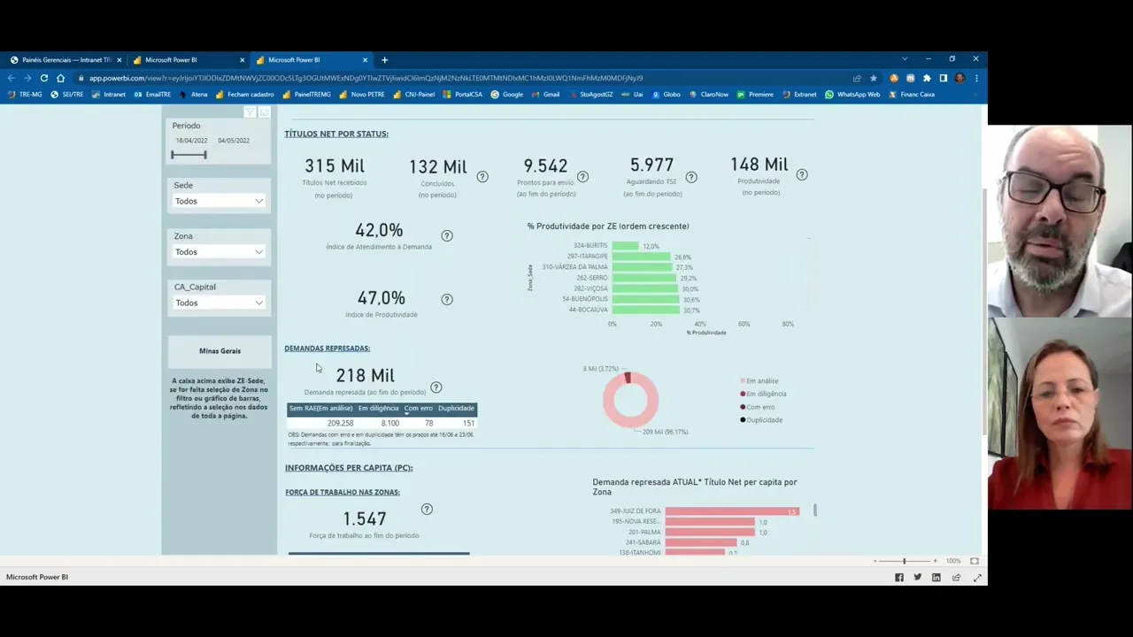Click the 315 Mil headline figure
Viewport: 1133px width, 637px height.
pyautogui.click(x=334, y=166)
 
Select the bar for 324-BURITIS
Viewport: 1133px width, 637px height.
pyautogui.click(x=625, y=246)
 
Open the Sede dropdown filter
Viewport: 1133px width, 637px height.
pyautogui.click(x=219, y=202)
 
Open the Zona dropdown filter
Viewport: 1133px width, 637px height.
pyautogui.click(x=219, y=252)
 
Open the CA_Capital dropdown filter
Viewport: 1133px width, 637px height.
pyautogui.click(x=219, y=303)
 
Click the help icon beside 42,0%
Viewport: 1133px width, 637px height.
pyautogui.click(x=447, y=236)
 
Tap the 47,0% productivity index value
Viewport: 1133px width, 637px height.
pyautogui.click(x=381, y=299)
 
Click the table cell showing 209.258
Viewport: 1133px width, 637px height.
pyautogui.click(x=340, y=424)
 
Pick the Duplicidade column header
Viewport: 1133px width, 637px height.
pyautogui.click(x=456, y=409)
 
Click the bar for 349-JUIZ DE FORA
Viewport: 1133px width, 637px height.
pyautogui.click(x=731, y=511)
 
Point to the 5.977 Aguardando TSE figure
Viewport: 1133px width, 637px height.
pyautogui.click(x=651, y=165)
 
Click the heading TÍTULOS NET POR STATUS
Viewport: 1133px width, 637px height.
pyautogui.click(x=336, y=134)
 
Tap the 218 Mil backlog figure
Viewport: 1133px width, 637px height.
pyautogui.click(x=365, y=376)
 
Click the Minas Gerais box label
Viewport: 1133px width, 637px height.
pyautogui.click(x=220, y=351)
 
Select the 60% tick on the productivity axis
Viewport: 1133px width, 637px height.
pyautogui.click(x=744, y=325)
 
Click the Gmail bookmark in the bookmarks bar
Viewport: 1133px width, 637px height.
pyautogui.click(x=551, y=95)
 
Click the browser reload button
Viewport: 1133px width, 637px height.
pyautogui.click(x=44, y=78)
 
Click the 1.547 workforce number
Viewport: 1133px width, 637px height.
pyautogui.click(x=365, y=518)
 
